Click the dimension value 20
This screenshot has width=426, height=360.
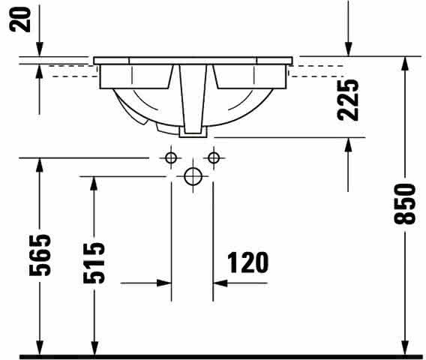coord(19,19)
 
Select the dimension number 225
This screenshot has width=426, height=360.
coord(348,100)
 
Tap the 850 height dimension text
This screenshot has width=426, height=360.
coord(405,204)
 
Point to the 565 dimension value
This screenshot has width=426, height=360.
coord(40,255)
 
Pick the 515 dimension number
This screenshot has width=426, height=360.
coord(94,263)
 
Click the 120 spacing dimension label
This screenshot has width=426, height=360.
coord(247,262)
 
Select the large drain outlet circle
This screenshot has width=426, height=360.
coord(193,176)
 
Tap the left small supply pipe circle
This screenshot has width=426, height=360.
coord(171,157)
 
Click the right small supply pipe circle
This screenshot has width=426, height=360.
coord(214,157)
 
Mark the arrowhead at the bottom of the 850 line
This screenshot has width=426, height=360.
coord(405,348)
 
